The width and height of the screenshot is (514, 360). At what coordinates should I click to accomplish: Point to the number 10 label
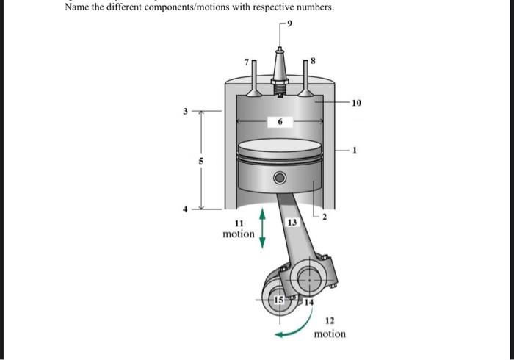pos(355,103)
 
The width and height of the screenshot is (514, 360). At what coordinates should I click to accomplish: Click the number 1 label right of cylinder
pos(355,151)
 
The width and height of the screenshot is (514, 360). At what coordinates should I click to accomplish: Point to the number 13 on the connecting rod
pos(292,222)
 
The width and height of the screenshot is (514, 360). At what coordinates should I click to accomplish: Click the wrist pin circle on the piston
pos(278,179)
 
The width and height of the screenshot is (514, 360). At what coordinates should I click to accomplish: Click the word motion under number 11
pos(239,234)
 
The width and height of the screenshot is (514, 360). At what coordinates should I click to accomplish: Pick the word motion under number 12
pos(330,334)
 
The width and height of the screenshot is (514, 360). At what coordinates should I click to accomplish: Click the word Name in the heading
pos(77,7)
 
